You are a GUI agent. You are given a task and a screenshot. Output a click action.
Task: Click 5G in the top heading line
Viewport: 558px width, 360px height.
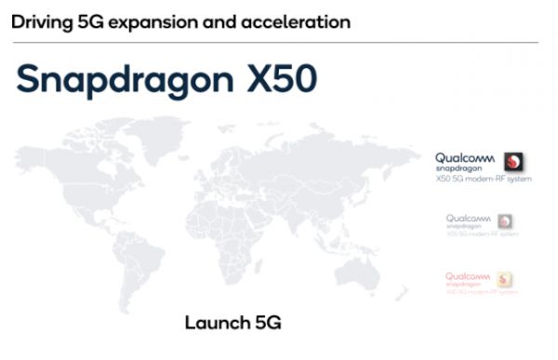tap(89, 20)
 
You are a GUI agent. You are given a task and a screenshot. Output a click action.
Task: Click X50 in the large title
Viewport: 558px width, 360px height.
tap(282, 79)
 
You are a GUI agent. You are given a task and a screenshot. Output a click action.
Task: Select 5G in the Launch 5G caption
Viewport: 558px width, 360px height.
tap(266, 324)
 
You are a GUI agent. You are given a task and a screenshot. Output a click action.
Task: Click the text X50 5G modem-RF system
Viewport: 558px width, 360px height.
tap(483, 178)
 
